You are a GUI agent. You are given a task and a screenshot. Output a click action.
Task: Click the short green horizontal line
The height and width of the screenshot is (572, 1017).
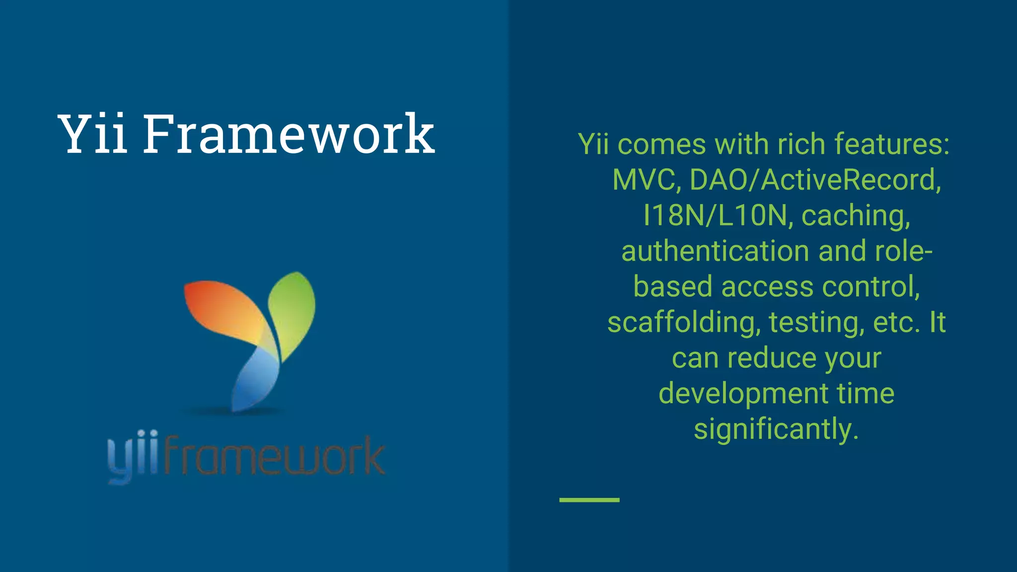pos(589,500)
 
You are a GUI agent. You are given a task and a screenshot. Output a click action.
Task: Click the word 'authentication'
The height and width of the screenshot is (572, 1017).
pos(716,251)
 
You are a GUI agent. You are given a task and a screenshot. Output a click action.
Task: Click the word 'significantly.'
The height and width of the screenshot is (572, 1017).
pos(776,429)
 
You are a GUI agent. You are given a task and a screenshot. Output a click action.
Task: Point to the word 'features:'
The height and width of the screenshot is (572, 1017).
pos(892,144)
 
